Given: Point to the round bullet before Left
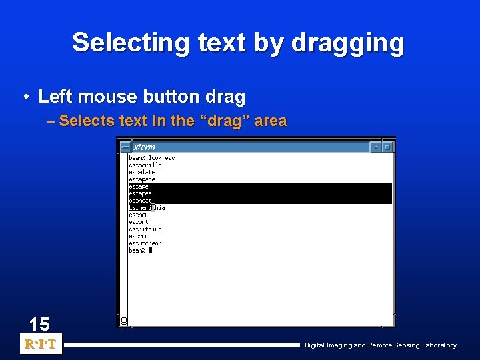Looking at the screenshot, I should (26, 97).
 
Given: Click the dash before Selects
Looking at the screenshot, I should (53, 121).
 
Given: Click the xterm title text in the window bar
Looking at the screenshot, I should (144, 147).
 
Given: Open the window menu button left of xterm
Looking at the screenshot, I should (124, 147).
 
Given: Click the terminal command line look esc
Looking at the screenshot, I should (152, 158).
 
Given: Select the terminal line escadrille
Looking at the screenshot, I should (145, 165).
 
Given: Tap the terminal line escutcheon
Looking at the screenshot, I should (145, 243).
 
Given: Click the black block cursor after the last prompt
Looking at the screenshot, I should (150, 251).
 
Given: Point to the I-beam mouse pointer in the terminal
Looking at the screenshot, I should (152, 208).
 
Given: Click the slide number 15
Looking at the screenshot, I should (39, 325).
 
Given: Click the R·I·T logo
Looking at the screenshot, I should (41, 345).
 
